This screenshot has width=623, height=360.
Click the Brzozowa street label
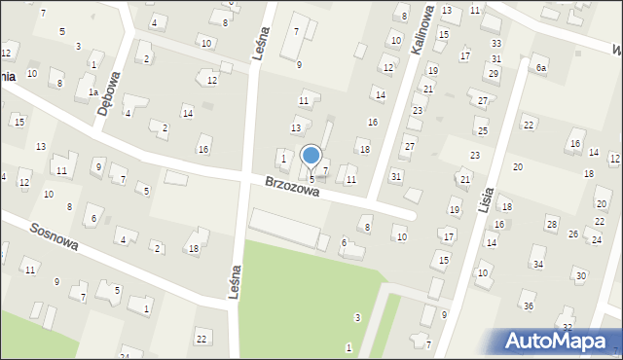(292, 186)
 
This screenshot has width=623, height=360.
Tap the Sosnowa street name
(54, 239)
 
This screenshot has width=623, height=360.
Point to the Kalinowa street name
(423, 36)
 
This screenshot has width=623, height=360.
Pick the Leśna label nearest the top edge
(258, 45)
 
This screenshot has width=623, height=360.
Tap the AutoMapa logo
(558, 341)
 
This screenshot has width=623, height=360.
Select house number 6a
(540, 67)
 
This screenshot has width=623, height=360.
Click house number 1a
(93, 92)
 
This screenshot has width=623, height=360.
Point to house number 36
(529, 306)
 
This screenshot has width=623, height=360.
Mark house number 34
(538, 264)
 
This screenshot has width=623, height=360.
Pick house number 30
(581, 275)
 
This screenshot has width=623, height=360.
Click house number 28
(552, 225)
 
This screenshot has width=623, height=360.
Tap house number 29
(493, 74)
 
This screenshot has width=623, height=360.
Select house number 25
(482, 130)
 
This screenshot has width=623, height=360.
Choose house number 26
(573, 234)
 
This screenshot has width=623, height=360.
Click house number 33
(496, 44)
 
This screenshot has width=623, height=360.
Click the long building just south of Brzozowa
(284, 226)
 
